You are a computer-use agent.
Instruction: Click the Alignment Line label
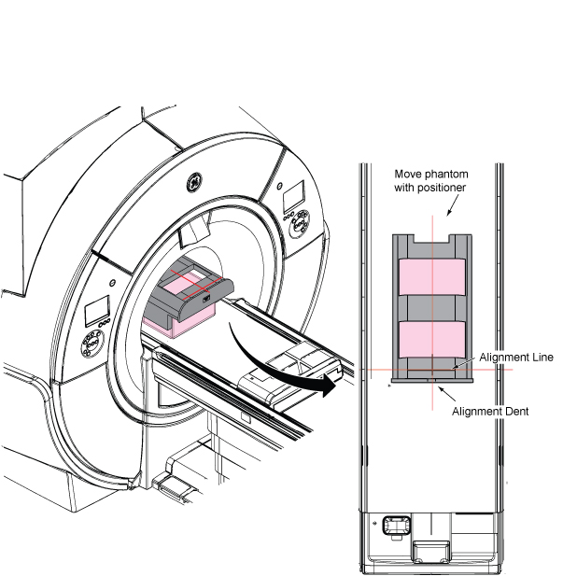click(516, 357)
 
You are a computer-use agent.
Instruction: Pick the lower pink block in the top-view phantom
click(432, 339)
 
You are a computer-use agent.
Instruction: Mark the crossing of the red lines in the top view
click(432, 370)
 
